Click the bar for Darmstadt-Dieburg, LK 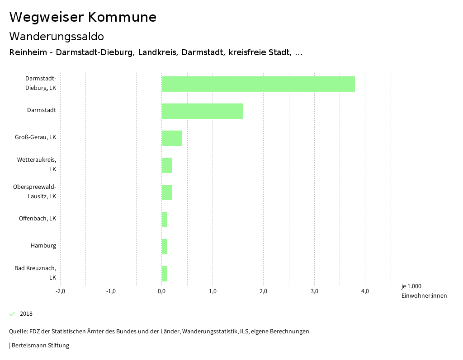click(258, 84)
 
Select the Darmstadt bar click(202, 111)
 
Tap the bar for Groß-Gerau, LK click(172, 138)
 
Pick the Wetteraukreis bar click(167, 165)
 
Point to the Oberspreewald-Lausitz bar click(167, 192)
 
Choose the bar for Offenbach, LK click(164, 220)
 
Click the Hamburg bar click(164, 247)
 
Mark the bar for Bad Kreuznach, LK click(164, 274)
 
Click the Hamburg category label click(43, 246)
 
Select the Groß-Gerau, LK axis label click(35, 137)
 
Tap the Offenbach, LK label click(38, 219)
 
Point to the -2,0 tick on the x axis click(60, 291)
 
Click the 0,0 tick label click(161, 291)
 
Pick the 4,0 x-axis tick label click(365, 291)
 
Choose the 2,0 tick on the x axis click(263, 291)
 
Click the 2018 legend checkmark click(12, 314)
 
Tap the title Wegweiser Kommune click(83, 17)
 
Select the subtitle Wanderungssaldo click(57, 36)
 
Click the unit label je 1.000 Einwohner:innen click(424, 291)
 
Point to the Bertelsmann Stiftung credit click(40, 346)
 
